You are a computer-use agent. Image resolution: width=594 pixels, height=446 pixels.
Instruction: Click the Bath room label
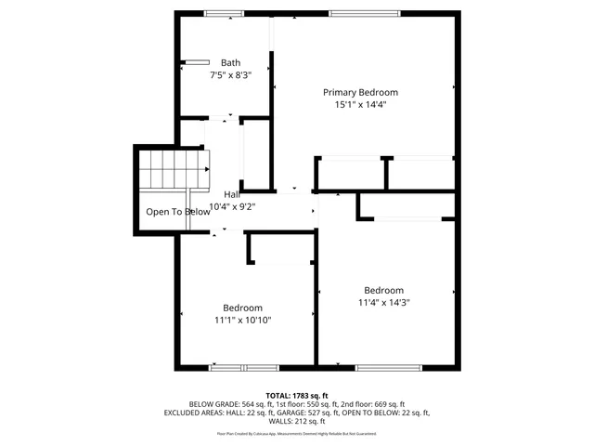(x=229, y=63)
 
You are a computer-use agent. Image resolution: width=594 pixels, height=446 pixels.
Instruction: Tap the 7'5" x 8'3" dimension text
(x=229, y=75)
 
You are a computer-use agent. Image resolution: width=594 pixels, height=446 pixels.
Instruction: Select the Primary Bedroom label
(x=360, y=92)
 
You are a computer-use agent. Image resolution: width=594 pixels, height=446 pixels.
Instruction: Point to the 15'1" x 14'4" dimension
(x=360, y=105)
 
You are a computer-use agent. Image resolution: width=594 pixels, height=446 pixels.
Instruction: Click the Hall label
(x=232, y=194)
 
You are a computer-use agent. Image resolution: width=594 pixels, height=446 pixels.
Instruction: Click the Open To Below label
(x=178, y=212)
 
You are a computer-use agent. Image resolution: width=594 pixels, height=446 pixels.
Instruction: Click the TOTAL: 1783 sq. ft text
(x=297, y=395)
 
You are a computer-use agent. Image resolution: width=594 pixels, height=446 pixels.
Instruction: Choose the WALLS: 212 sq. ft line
(x=297, y=421)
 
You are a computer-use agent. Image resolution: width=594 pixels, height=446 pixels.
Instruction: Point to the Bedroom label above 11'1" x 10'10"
(x=242, y=308)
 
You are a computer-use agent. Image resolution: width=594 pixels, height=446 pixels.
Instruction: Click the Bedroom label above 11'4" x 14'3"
(x=384, y=289)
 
